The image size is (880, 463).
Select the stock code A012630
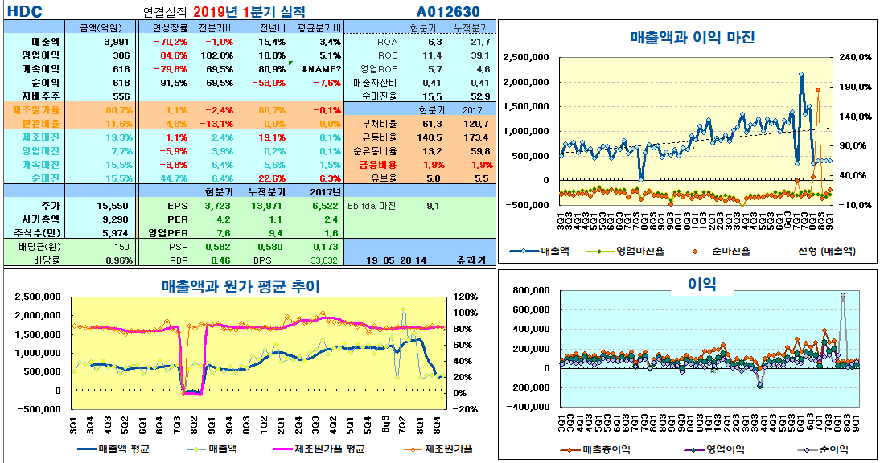point(448,11)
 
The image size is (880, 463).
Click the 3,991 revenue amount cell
point(116,41)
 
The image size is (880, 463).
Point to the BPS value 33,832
point(323,260)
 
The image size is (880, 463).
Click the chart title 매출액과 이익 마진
point(692,37)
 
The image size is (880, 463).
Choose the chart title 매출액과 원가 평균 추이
point(241,285)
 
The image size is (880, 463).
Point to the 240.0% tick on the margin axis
point(855,57)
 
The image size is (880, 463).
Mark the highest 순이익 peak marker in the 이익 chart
point(843,295)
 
